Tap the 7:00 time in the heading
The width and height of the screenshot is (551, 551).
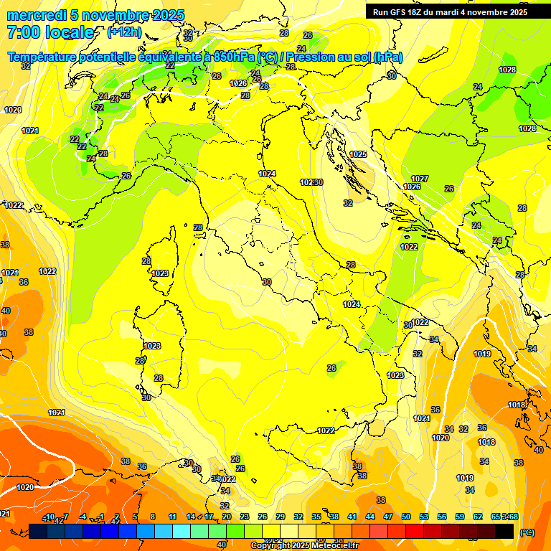pyautogui.click(x=24, y=32)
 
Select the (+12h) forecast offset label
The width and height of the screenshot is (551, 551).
pyautogui.click(x=124, y=32)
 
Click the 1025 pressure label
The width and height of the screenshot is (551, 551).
pyautogui.click(x=358, y=154)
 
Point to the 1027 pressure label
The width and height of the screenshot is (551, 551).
pyautogui.click(x=420, y=179)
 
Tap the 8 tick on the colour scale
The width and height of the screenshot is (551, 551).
pyautogui.click(x=153, y=517)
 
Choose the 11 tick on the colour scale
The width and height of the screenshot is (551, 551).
pyautogui.click(x=172, y=517)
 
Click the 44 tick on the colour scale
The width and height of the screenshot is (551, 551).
pyautogui.click(x=370, y=517)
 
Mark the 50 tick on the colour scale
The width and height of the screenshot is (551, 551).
pyautogui.click(x=406, y=517)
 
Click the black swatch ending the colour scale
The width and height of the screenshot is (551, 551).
pyautogui.click(x=504, y=531)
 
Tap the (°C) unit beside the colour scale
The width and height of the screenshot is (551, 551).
pyautogui.click(x=527, y=532)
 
